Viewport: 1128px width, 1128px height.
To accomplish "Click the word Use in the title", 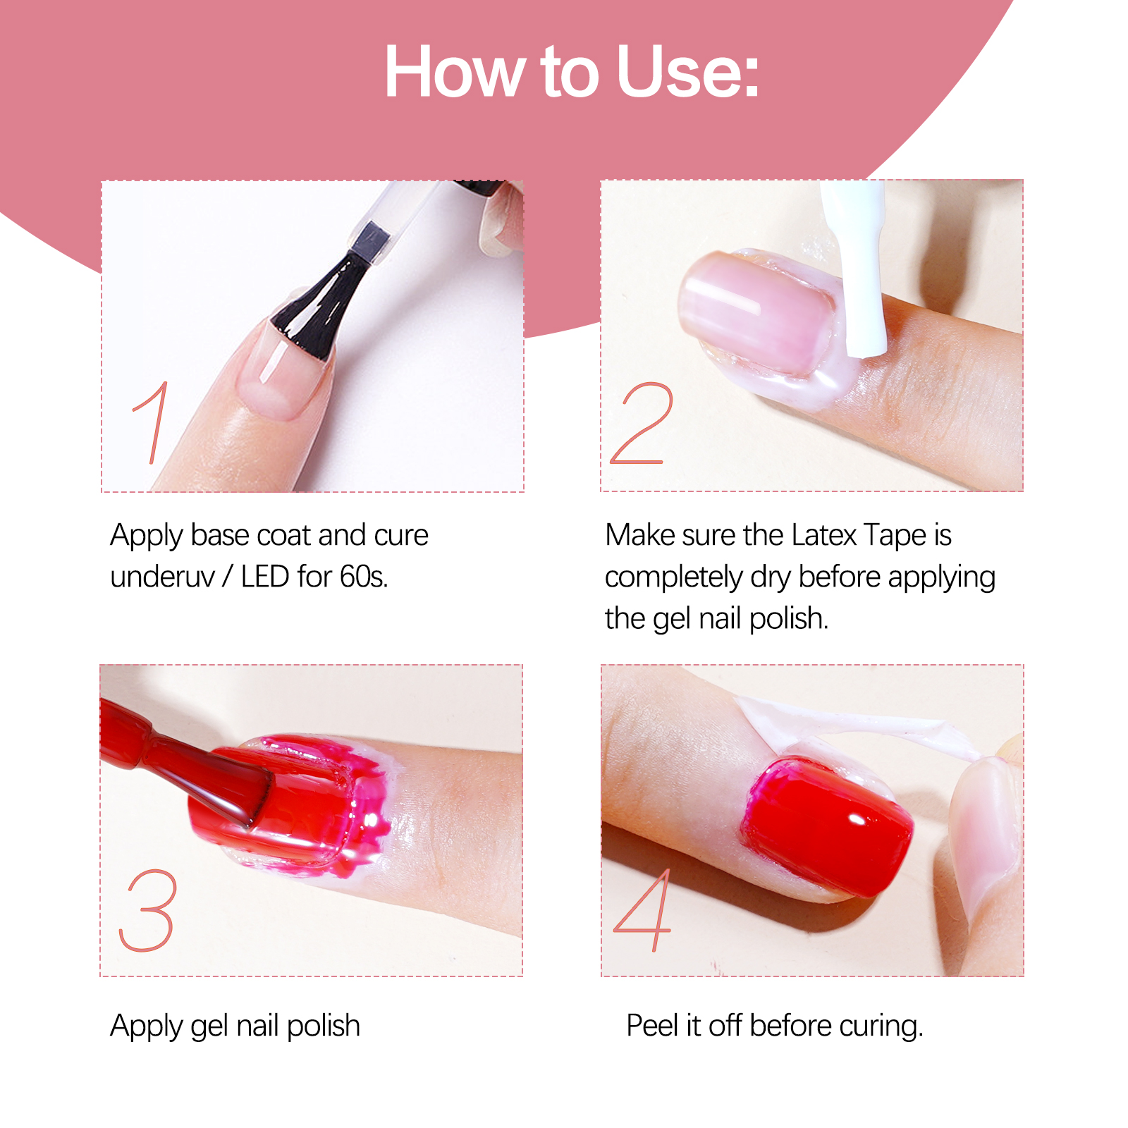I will point(687,72).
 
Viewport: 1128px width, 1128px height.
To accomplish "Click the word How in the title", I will point(455,72).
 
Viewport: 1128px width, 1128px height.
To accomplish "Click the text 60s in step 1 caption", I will point(363,577).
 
